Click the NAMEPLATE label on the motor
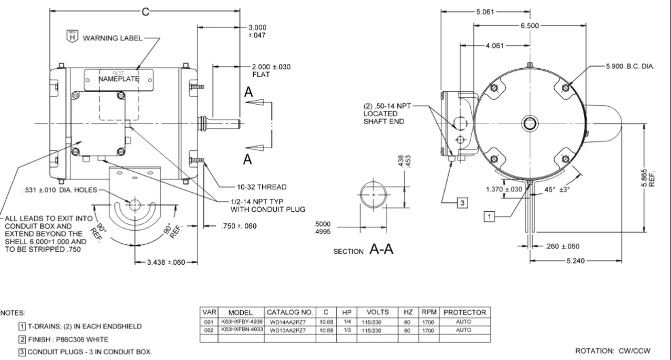coord(118,79)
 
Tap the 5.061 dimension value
coord(485,12)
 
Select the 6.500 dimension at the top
coord(529,26)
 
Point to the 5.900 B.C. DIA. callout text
coord(630,66)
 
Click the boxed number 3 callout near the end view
coord(462,203)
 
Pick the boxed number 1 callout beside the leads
coord(489,216)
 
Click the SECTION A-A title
coord(363,249)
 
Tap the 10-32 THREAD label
coord(262,187)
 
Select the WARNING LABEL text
coord(112,38)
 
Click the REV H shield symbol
coord(72,36)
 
